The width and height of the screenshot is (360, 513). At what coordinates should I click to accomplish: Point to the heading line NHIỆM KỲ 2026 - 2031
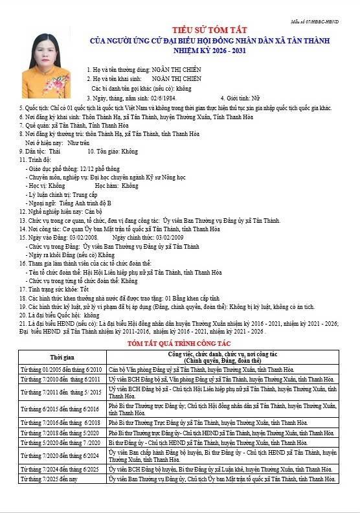[205, 50]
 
